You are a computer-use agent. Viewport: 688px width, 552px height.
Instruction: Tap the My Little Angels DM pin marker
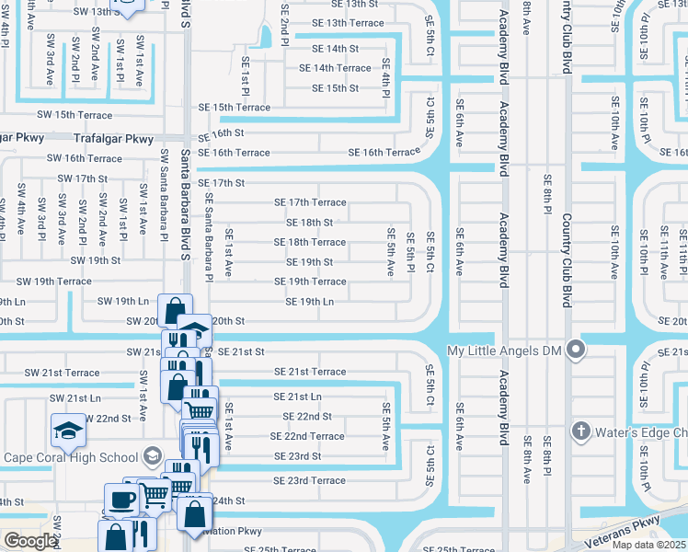576,350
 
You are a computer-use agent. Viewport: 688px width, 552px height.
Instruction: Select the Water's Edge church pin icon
580,431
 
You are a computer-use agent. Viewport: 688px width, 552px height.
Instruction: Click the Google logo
30,541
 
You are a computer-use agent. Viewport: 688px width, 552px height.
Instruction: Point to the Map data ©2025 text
649,545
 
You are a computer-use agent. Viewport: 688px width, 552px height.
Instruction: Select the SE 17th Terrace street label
310,202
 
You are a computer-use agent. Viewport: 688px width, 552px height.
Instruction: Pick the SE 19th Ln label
309,302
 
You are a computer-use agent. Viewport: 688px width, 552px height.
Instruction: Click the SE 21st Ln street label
297,397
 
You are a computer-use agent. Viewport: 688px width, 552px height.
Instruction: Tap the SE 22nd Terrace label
307,436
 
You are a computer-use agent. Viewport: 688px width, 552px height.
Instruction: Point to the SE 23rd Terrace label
309,481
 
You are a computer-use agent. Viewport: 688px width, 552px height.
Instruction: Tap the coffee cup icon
121,500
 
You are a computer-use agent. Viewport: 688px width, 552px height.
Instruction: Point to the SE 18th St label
309,223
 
